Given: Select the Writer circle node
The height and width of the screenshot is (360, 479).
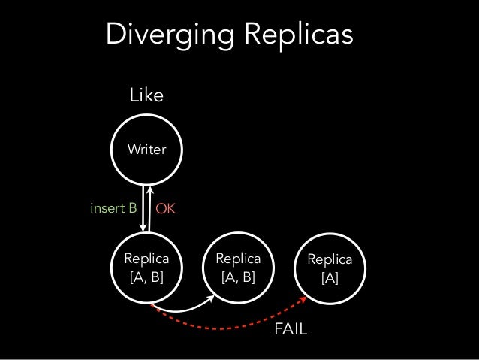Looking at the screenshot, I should click(x=146, y=150).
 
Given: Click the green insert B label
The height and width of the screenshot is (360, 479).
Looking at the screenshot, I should click(x=113, y=208).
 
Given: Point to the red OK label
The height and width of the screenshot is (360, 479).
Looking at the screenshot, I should click(x=165, y=209).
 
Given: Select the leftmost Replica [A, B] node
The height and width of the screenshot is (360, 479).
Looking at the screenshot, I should click(x=146, y=268).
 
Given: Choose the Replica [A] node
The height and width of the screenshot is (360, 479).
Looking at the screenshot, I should click(x=330, y=268).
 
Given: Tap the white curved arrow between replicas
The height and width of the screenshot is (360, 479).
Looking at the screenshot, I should click(x=180, y=310).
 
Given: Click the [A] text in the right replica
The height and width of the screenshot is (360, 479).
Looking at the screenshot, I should click(x=330, y=277).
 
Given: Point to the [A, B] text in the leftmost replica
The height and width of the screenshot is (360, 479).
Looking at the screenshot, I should click(x=146, y=277).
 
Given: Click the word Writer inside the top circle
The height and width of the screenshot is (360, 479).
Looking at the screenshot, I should click(x=146, y=150).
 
